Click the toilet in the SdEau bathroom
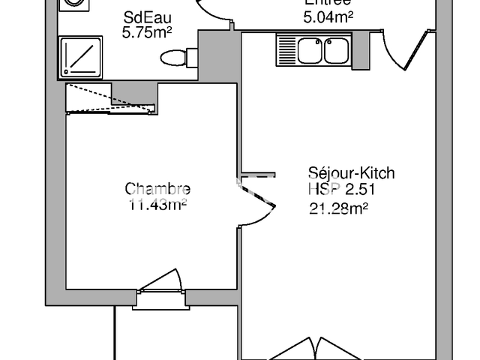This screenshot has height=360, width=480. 176,57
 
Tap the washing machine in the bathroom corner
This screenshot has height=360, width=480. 73,3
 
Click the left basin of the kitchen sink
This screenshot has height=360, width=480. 310,51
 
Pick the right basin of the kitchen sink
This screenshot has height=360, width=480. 334,51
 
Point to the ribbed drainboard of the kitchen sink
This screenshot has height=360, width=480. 286,51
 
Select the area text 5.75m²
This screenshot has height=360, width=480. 147,33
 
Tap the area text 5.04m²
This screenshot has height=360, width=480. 328,16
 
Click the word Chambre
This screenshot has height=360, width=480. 157,189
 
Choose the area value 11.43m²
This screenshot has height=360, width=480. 157,203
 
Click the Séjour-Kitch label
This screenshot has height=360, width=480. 351,173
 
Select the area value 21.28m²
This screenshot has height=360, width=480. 338,209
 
